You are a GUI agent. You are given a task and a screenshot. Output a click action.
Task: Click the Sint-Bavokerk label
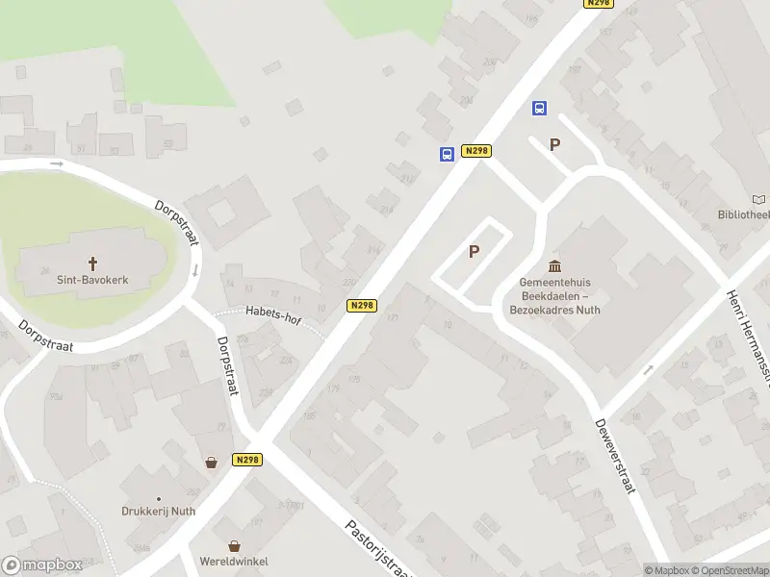(x=93, y=280)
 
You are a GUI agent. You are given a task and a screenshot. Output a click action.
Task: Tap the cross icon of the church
(x=93, y=263)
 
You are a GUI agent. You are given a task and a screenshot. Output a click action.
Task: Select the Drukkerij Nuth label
(x=158, y=512)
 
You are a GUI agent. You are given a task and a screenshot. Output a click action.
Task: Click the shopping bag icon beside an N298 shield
(x=211, y=462)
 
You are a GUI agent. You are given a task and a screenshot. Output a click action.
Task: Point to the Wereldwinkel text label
(x=234, y=562)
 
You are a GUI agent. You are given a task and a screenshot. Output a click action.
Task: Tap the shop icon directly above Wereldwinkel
(x=233, y=545)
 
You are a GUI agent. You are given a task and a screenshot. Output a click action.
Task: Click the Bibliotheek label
(x=743, y=215)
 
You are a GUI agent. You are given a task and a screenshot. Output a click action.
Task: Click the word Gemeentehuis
(x=554, y=283)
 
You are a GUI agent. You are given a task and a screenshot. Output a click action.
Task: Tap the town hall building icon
(x=554, y=265)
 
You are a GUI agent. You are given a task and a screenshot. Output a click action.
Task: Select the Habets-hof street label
(x=271, y=311)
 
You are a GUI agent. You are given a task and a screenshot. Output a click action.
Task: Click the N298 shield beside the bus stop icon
(x=475, y=151)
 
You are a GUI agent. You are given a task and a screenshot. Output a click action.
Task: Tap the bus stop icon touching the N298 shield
(x=447, y=154)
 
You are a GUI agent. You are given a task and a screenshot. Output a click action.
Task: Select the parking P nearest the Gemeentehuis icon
(x=474, y=252)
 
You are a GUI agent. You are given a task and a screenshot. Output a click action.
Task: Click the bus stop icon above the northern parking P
(x=539, y=109)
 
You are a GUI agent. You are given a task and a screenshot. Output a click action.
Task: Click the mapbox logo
(x=42, y=565)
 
